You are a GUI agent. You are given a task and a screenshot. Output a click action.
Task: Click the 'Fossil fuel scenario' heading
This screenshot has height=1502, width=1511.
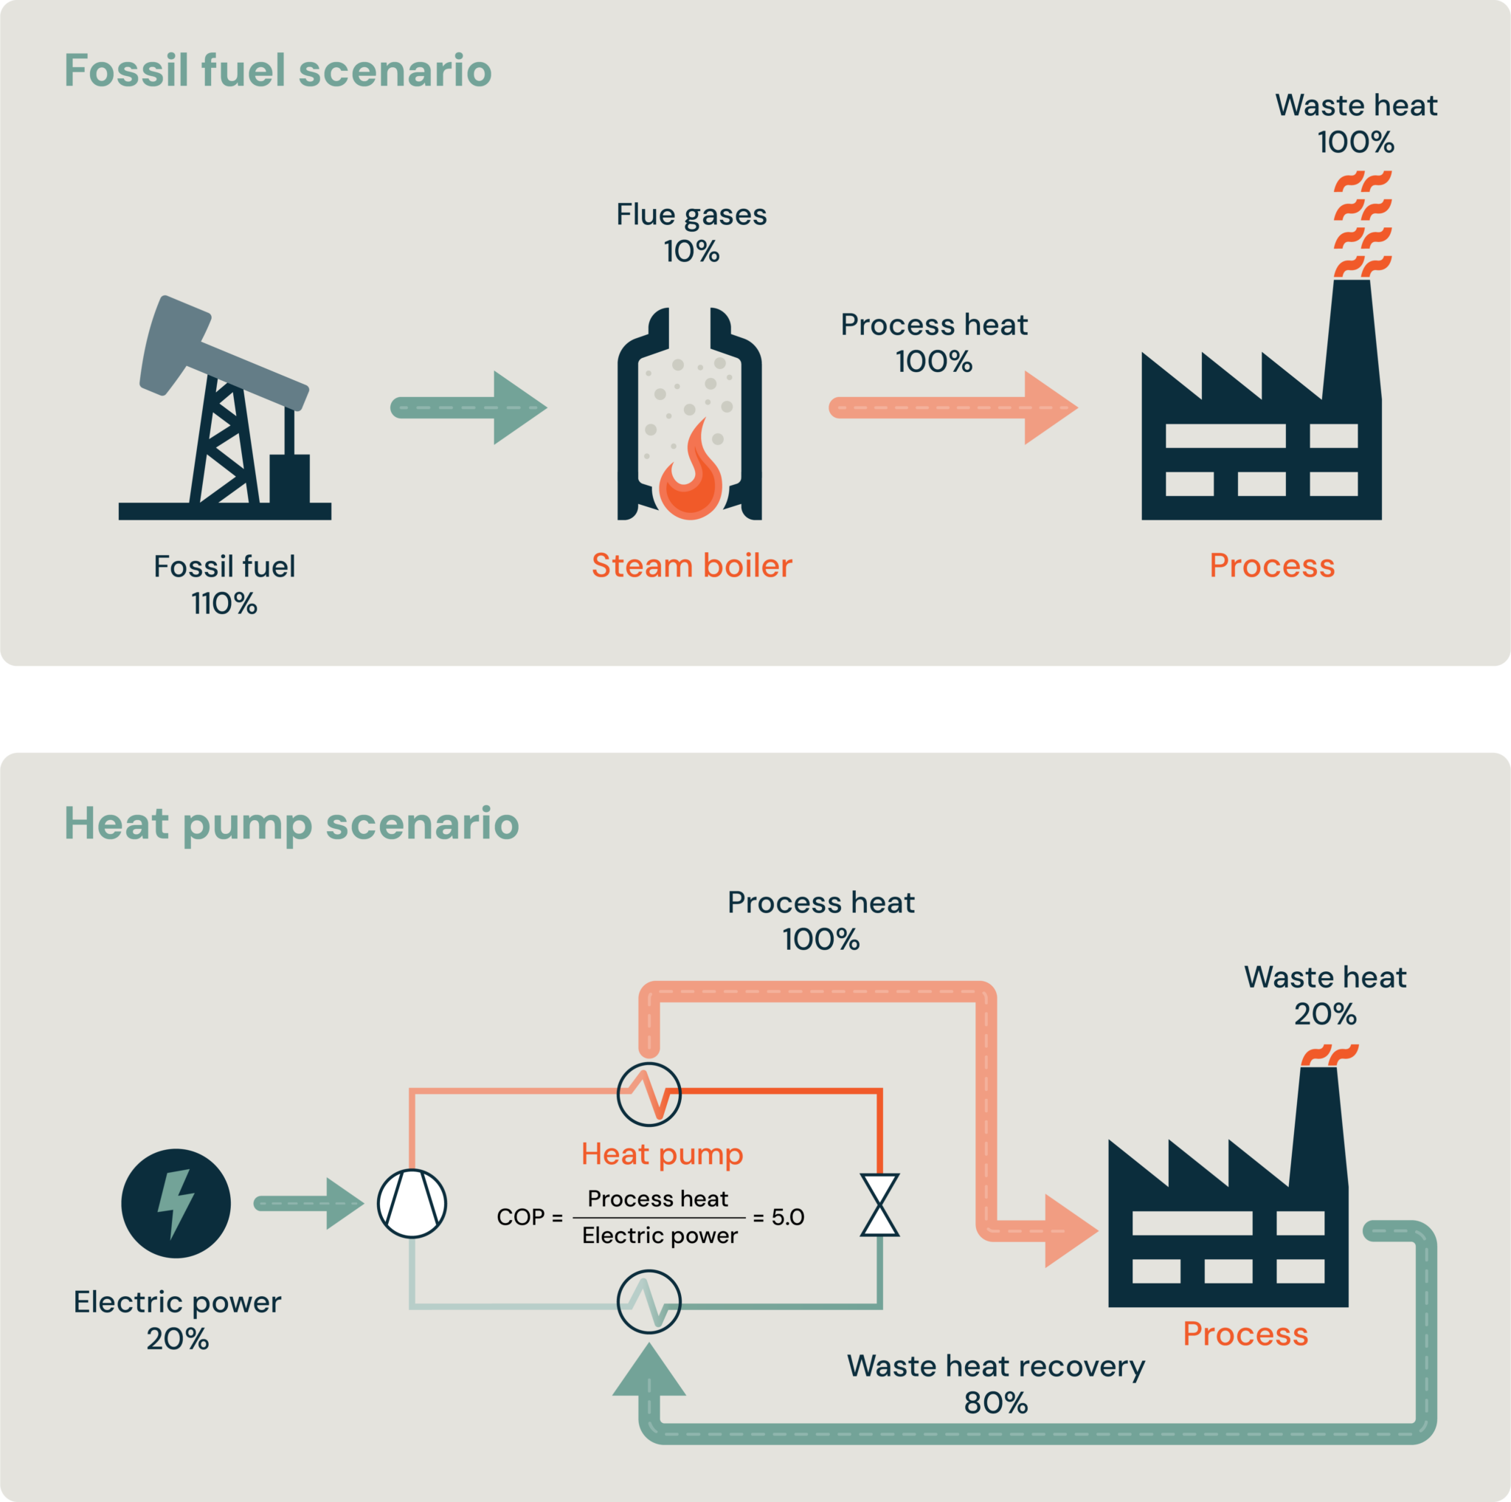pyautogui.click(x=277, y=70)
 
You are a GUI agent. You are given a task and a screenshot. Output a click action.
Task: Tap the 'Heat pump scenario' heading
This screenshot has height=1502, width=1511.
pyautogui.click(x=291, y=823)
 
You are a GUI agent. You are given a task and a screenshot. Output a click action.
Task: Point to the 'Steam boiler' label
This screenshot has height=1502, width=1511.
pyautogui.click(x=691, y=565)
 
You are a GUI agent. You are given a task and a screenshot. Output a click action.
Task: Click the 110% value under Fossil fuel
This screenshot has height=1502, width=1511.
pyautogui.click(x=224, y=603)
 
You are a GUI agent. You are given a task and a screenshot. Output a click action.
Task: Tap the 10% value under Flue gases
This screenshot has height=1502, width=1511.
pyautogui.click(x=691, y=251)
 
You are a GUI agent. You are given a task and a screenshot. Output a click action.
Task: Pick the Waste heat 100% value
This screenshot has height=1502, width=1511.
pyautogui.click(x=1355, y=142)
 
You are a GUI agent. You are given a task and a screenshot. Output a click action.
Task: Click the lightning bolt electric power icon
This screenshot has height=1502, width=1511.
pyautogui.click(x=176, y=1203)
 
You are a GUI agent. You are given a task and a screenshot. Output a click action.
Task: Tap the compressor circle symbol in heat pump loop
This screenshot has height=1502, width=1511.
pyautogui.click(x=412, y=1203)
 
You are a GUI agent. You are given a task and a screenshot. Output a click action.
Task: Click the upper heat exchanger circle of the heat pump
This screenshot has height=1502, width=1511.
pyautogui.click(x=649, y=1095)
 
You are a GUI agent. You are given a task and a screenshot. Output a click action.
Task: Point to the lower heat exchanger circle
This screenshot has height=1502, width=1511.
pyautogui.click(x=649, y=1302)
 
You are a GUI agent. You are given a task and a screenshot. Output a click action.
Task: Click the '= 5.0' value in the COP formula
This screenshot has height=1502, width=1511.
pyautogui.click(x=779, y=1217)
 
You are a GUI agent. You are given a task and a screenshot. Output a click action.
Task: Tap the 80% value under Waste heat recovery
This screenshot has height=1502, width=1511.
pyautogui.click(x=995, y=1402)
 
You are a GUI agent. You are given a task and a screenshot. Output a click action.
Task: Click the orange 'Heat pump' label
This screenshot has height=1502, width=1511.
pyautogui.click(x=662, y=1154)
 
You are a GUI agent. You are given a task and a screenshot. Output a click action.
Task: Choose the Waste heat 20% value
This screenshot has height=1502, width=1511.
pyautogui.click(x=1325, y=1014)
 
